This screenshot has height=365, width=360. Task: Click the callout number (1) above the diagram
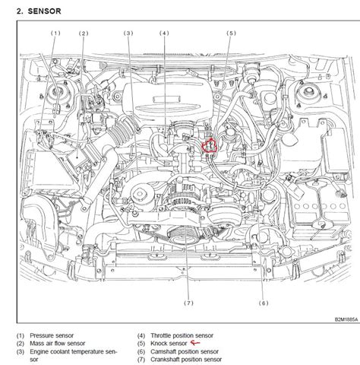(55, 34)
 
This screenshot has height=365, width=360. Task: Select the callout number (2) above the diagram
(84, 34)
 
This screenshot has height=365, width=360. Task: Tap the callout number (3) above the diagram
(129, 34)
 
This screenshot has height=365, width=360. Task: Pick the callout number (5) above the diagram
(230, 34)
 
